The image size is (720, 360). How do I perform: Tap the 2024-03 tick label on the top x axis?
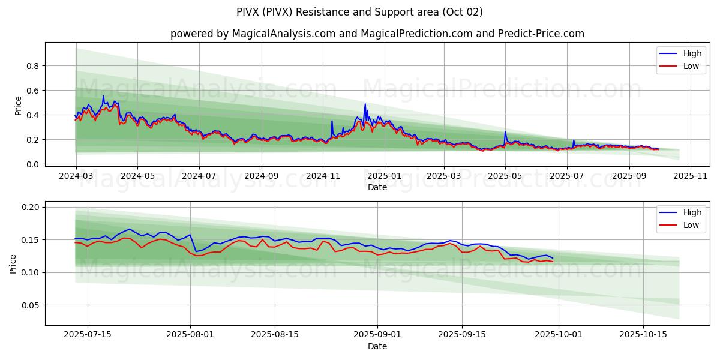pos(76,176)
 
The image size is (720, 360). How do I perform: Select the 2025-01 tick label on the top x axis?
pos(384,176)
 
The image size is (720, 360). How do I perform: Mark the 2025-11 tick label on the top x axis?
pos(691,176)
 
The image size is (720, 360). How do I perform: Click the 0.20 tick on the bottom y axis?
pos(30,207)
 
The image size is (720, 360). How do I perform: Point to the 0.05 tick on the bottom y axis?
pos(30,305)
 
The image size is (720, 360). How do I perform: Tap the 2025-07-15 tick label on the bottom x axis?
pos(88,335)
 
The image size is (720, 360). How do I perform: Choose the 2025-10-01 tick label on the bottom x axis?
pos(559,335)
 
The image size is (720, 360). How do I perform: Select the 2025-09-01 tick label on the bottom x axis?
pos(377,335)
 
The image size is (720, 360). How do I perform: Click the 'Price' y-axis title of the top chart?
pos(18,106)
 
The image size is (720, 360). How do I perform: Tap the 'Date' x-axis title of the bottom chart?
pos(377,346)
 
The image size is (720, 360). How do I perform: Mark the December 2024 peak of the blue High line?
pos(365,104)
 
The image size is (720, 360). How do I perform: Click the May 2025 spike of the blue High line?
pos(505,132)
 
